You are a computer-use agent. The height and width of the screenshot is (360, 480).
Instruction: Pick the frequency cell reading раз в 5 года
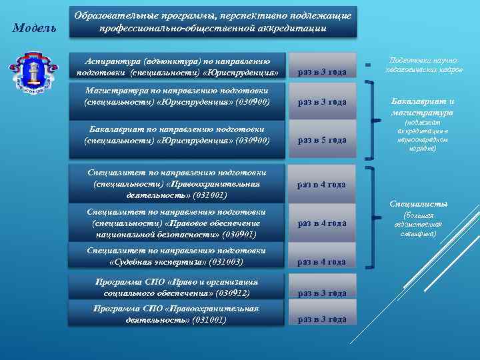321,140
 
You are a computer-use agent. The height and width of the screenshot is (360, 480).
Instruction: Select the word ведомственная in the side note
419,225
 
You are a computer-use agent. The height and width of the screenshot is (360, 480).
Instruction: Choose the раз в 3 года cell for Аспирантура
321,72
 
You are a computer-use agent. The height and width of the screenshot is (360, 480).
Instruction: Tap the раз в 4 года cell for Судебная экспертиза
321,262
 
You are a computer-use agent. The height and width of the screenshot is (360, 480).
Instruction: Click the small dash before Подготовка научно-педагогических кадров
367,65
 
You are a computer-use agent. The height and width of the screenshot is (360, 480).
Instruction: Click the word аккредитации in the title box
289,29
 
